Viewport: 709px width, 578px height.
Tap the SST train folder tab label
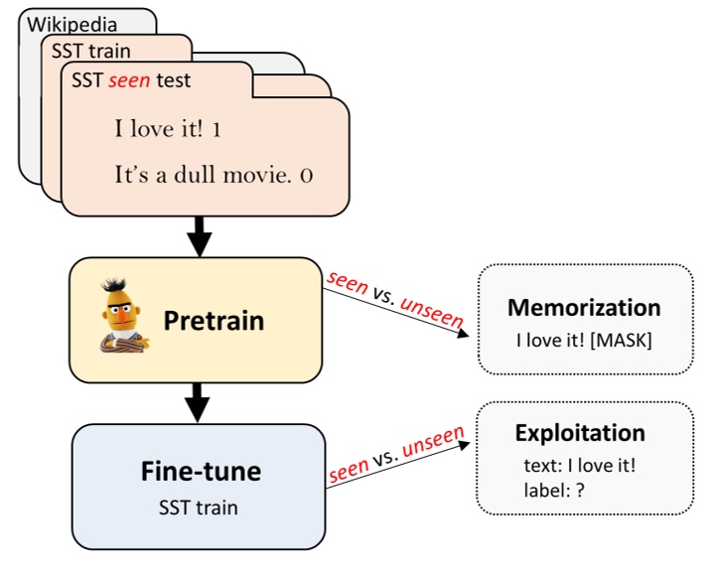tap(91, 51)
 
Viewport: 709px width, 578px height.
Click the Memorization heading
tap(584, 307)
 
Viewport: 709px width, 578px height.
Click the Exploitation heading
tap(580, 433)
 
